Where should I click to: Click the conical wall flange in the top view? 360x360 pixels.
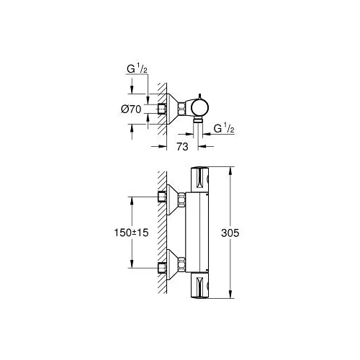pyautogui.click(x=174, y=108)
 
